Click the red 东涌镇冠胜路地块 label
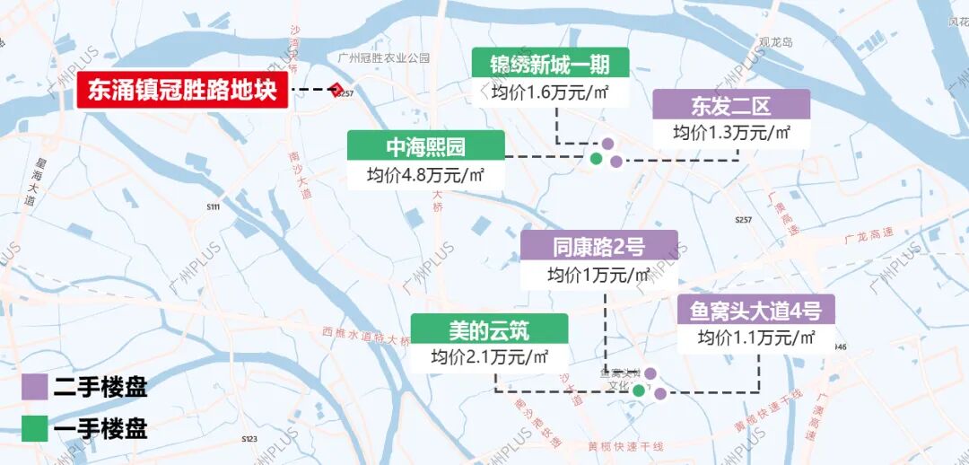click(183, 91)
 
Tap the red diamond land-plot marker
click(336, 90)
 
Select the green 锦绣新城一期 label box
click(550, 64)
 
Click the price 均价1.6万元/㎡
click(550, 92)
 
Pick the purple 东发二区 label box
click(731, 105)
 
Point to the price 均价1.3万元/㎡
click(731, 133)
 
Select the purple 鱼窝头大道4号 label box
click(755, 310)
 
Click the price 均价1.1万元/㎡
click(756, 338)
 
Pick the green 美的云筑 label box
click(489, 329)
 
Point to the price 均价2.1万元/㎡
click(489, 356)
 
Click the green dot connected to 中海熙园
click(595, 159)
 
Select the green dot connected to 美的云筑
click(638, 390)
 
